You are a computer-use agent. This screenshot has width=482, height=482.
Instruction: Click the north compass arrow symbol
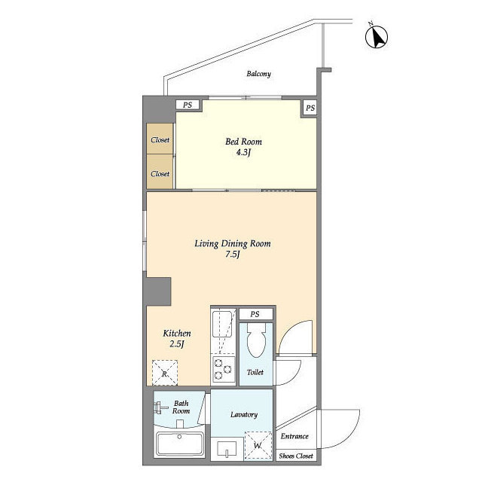pos(377,36)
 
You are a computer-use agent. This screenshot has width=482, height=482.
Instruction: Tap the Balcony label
pos(259,74)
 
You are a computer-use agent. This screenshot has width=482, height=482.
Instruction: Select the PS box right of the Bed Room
pos(310,108)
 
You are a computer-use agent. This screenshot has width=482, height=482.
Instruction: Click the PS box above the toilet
pos(255,314)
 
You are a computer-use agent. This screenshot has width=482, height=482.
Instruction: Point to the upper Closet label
pos(160,140)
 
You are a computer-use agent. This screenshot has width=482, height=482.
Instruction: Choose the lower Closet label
pos(160,174)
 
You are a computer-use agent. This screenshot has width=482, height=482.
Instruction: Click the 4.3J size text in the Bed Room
pos(243,152)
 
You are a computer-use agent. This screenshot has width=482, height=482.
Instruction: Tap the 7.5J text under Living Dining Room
pos(233,255)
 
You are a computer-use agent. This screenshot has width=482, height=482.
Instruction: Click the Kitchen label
pos(177,333)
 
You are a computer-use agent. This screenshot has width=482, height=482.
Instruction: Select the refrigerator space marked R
pos(165,373)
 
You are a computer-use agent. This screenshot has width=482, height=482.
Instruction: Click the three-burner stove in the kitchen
pos(223,369)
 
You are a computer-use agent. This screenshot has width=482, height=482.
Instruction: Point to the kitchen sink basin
pos(222,324)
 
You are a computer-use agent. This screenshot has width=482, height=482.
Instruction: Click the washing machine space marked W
pos(258,445)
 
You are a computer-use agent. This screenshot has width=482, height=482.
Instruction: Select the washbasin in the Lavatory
pos(227,450)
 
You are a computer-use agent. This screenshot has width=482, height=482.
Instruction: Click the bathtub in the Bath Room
pos(179,444)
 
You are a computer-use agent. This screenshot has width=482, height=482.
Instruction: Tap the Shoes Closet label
pos(296,456)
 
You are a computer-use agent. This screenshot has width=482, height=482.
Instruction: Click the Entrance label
pos(294,436)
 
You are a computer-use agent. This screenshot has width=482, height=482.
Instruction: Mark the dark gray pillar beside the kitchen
pos(159,291)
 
